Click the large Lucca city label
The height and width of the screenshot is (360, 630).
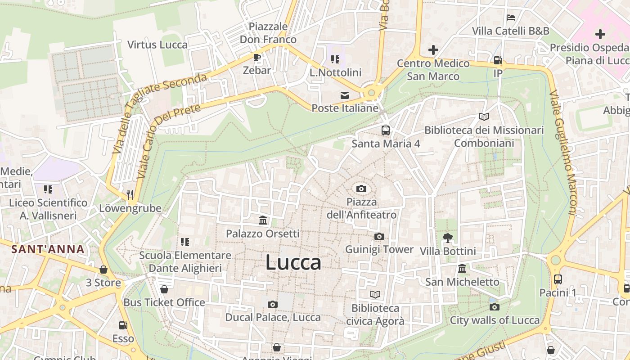click(x=293, y=263)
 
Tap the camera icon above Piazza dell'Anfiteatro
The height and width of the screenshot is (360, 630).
click(x=361, y=189)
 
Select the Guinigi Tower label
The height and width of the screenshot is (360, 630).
click(x=379, y=249)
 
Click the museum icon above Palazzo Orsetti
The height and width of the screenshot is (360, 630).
click(x=263, y=220)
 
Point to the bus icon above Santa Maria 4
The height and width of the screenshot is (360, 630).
click(x=386, y=130)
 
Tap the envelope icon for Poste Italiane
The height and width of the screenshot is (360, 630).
click(x=345, y=95)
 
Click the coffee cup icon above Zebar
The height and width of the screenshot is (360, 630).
click(x=256, y=57)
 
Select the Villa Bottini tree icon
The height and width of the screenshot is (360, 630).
click(x=447, y=238)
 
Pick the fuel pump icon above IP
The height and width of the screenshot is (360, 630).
click(x=498, y=60)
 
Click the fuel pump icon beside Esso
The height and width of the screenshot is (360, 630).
click(x=123, y=325)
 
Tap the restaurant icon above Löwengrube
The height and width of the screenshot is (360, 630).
click(x=130, y=194)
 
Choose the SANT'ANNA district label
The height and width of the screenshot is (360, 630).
click(x=48, y=249)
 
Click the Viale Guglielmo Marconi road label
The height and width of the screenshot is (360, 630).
click(x=562, y=153)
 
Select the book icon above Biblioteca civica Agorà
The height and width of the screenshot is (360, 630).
click(x=375, y=294)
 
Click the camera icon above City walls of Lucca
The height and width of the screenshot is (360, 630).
click(x=495, y=307)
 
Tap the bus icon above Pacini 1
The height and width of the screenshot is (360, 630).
click(x=558, y=279)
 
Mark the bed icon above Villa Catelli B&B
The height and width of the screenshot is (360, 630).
click(x=511, y=18)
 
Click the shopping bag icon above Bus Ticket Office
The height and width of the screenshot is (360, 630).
click(x=164, y=289)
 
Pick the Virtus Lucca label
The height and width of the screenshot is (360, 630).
click(x=157, y=45)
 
